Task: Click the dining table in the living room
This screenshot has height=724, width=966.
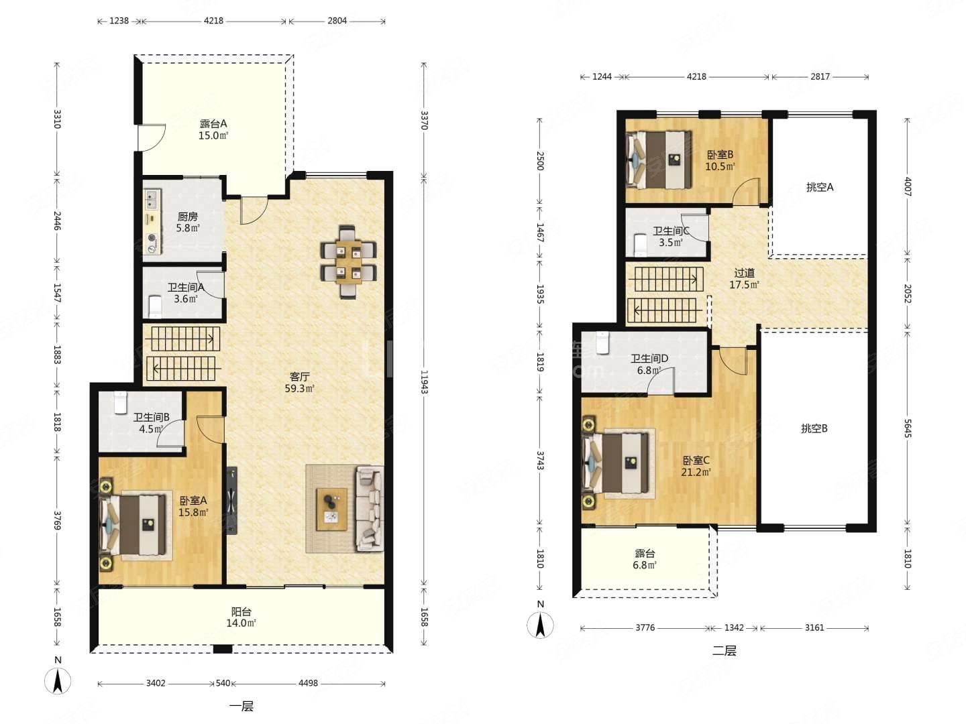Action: (348, 262)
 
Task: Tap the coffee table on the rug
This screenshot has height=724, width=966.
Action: (331, 509)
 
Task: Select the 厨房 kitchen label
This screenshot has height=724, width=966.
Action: (187, 217)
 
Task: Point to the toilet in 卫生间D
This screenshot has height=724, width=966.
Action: (602, 343)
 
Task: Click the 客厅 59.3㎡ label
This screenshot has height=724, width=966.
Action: (299, 382)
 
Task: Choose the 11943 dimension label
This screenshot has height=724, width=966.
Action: (424, 382)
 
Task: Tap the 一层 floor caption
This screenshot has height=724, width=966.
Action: (241, 707)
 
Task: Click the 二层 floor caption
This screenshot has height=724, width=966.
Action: (724, 650)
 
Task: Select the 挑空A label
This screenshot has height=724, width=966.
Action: (820, 187)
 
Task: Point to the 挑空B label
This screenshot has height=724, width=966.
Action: (814, 428)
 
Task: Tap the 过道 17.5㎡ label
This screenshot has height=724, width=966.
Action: (744, 279)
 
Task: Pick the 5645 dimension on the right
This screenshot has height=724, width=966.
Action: (907, 428)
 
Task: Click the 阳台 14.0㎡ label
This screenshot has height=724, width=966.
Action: (241, 617)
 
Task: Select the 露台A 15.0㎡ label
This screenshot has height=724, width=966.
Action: (213, 129)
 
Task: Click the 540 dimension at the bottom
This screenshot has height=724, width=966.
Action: (223, 683)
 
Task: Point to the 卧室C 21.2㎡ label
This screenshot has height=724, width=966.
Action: (696, 467)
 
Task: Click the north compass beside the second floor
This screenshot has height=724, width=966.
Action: (541, 625)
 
